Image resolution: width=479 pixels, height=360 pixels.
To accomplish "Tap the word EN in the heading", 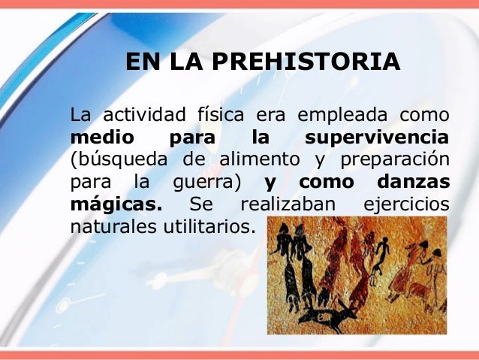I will click(x=140, y=62).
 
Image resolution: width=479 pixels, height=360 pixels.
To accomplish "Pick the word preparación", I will click(x=395, y=160).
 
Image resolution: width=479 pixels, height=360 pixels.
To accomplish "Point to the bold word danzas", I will click(x=414, y=182).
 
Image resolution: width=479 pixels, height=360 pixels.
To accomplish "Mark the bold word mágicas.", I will click(x=116, y=204).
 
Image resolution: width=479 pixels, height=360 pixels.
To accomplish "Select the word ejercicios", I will click(x=406, y=204).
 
